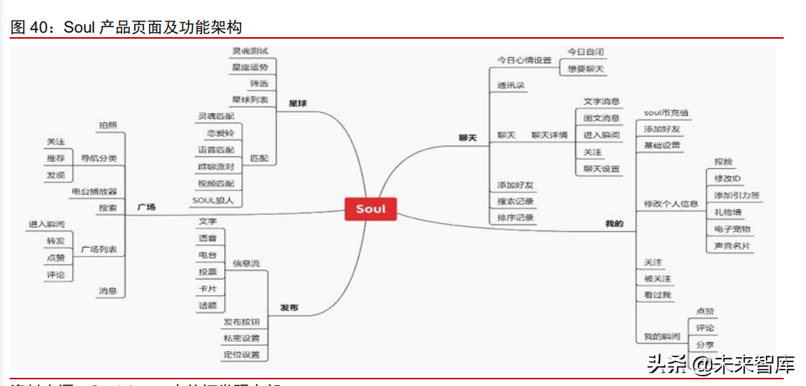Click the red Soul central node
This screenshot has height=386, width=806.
[x=371, y=209]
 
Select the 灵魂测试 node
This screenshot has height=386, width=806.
[x=249, y=51]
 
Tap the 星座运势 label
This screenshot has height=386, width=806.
[x=249, y=68]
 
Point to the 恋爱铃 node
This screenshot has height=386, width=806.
[x=220, y=133]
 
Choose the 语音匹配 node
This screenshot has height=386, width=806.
[x=216, y=149]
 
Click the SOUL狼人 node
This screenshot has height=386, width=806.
[x=214, y=200]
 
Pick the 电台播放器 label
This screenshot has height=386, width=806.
[x=95, y=191]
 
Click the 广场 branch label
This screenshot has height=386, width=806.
[x=147, y=208]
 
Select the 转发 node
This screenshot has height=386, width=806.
[x=56, y=241]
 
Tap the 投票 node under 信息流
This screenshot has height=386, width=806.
[x=208, y=271]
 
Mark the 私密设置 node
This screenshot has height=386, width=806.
[x=242, y=338]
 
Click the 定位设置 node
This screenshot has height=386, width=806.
[x=242, y=355]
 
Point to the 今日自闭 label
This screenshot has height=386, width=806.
[x=586, y=52]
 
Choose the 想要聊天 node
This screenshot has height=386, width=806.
[x=586, y=68]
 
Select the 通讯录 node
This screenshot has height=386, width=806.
[x=511, y=86]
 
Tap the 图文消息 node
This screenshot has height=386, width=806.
[x=601, y=118]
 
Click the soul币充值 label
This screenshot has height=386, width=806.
[x=666, y=113]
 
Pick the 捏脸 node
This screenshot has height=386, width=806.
[x=723, y=161]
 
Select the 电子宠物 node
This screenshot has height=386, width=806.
[x=732, y=229]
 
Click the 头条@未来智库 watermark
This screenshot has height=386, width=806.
[x=720, y=365]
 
